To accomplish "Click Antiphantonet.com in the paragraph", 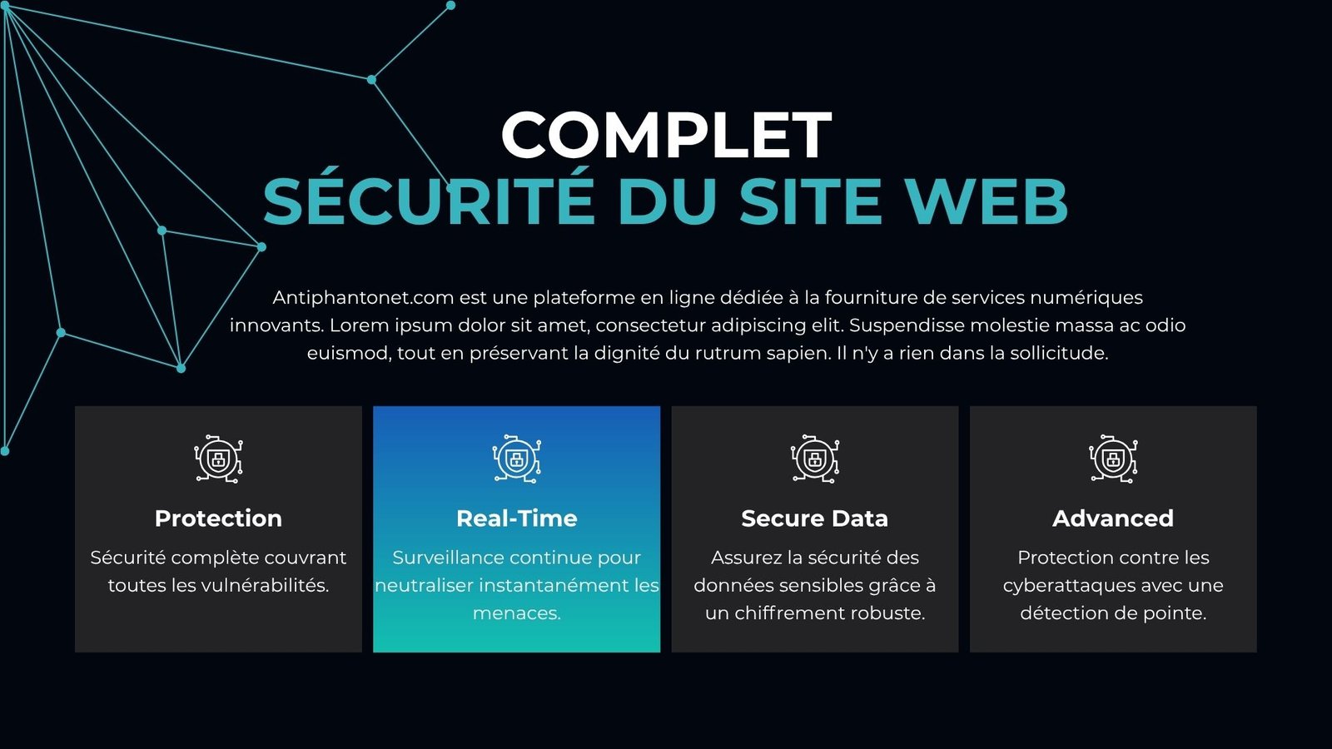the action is click(x=363, y=297).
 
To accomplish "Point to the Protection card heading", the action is click(x=218, y=518).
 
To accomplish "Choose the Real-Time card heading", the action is click(x=517, y=518).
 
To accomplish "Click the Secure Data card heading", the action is click(x=815, y=518).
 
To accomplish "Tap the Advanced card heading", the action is click(x=1113, y=518).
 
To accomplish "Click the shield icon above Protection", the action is click(x=218, y=459).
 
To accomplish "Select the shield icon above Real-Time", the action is click(x=517, y=459).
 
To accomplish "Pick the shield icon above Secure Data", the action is click(x=815, y=459).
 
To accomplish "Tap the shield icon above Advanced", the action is click(x=1113, y=459).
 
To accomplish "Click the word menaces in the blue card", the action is click(x=515, y=613).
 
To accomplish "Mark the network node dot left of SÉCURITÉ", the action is click(x=261, y=246).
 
